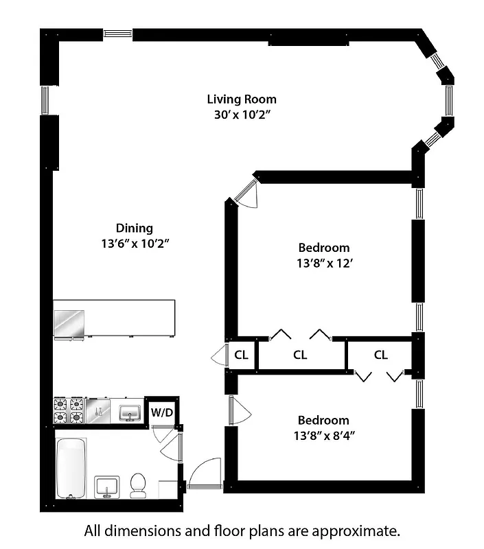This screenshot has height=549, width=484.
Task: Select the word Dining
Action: click(x=134, y=228)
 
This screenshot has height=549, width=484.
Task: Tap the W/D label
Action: click(x=162, y=412)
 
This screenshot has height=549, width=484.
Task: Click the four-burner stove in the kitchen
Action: click(x=69, y=410)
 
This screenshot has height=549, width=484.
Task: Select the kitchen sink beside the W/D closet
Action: click(x=129, y=412)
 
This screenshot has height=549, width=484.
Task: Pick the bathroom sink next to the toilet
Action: click(x=106, y=486)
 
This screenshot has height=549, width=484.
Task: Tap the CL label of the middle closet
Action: click(x=300, y=355)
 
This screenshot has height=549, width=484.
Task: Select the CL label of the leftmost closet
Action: click(x=241, y=355)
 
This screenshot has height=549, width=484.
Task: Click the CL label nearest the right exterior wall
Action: click(x=381, y=355)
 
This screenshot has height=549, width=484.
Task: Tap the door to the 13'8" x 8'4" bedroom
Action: click(x=239, y=410)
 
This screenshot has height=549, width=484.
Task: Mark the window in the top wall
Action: click(x=117, y=32)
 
